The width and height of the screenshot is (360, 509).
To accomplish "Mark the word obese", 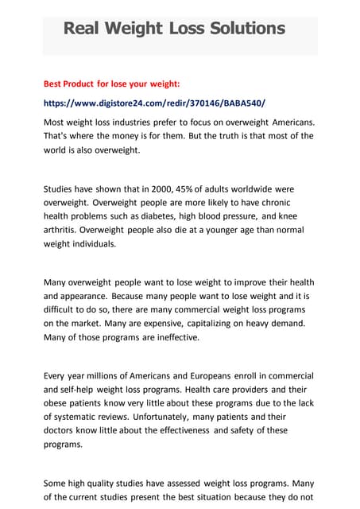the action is (x=57, y=403).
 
